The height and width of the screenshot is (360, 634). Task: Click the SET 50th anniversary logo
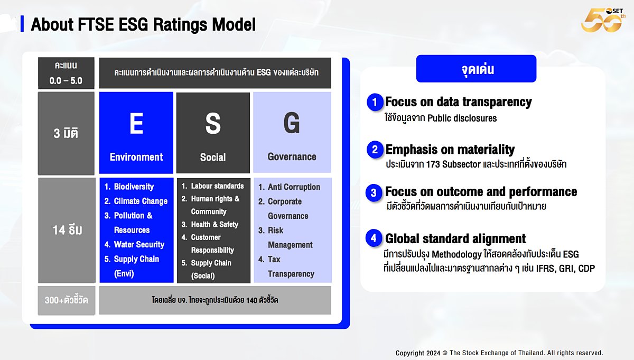(x=603, y=20)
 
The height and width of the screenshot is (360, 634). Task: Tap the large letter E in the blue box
(x=136, y=123)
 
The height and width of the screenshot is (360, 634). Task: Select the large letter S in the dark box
(x=213, y=123)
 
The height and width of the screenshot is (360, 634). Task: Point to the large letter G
(x=292, y=123)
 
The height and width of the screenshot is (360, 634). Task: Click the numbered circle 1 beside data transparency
(x=375, y=102)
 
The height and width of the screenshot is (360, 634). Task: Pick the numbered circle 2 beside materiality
(x=375, y=149)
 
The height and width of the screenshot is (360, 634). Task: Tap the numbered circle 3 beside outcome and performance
(x=374, y=193)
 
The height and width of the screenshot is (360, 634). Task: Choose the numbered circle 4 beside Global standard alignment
(x=374, y=238)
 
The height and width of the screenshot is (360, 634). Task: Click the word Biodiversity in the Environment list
(x=134, y=187)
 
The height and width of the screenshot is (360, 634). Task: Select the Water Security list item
(x=134, y=244)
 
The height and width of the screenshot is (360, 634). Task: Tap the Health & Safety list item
(x=210, y=224)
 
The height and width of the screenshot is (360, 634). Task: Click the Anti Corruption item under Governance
(x=289, y=187)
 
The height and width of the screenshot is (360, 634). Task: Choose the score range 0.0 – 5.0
(x=66, y=81)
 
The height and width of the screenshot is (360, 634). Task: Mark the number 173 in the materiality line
(x=433, y=164)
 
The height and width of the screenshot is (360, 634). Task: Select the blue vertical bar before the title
(x=22, y=24)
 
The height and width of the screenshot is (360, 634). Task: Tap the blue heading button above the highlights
(x=477, y=69)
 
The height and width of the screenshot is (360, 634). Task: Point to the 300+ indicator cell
(x=67, y=300)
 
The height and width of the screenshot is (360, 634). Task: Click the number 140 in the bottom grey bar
(x=251, y=300)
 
